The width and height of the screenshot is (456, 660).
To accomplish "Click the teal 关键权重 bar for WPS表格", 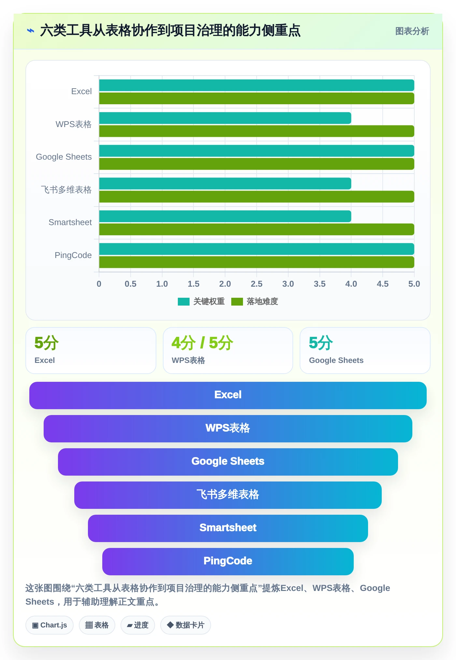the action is [225, 118].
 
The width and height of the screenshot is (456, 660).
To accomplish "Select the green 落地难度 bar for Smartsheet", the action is [257, 229].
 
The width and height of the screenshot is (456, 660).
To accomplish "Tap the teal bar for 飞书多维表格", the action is [225, 183].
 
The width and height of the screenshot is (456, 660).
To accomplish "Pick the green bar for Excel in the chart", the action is [257, 98].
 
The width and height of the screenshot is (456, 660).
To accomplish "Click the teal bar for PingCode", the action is [257, 249].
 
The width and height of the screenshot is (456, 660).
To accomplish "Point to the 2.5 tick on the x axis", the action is [257, 284].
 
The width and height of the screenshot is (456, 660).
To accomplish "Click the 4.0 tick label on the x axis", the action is [351, 284].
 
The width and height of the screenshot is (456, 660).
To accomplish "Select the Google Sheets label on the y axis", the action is [64, 157].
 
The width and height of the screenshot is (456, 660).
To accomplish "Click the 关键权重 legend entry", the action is [201, 301].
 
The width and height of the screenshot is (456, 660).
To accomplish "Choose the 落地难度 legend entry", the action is [255, 301].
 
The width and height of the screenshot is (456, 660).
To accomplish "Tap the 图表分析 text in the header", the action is [412, 31].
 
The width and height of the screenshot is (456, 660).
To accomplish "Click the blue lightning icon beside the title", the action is [31, 31].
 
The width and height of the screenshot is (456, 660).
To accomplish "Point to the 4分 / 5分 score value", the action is [202, 343].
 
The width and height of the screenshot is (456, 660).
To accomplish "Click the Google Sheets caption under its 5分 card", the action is [336, 360].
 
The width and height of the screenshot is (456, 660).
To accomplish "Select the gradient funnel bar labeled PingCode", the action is [228, 561].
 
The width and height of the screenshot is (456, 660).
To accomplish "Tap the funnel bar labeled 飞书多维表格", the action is [228, 495].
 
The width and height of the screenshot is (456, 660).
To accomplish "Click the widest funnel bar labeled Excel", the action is [228, 395].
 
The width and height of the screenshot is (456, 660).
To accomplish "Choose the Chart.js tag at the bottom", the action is [50, 625].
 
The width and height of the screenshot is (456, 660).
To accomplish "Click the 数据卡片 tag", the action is [185, 625].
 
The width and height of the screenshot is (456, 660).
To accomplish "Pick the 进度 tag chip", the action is [137, 625].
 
